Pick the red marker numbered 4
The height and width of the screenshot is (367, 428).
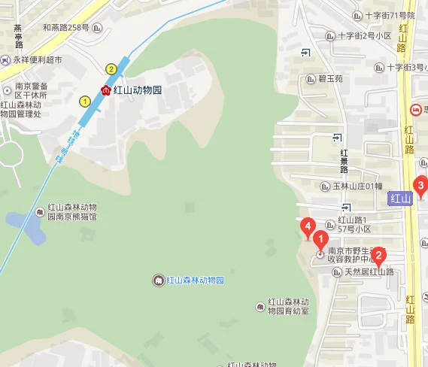[307, 226]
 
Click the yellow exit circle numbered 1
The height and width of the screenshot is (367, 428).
[85, 100]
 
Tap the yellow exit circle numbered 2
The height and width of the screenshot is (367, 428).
[111, 69]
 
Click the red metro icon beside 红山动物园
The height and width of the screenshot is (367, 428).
[106, 90]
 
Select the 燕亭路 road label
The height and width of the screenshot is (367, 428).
[17, 38]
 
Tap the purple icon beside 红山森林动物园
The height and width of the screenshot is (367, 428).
[158, 281]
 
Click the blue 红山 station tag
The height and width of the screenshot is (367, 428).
[401, 199]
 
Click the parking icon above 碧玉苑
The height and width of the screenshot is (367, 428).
[306, 52]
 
